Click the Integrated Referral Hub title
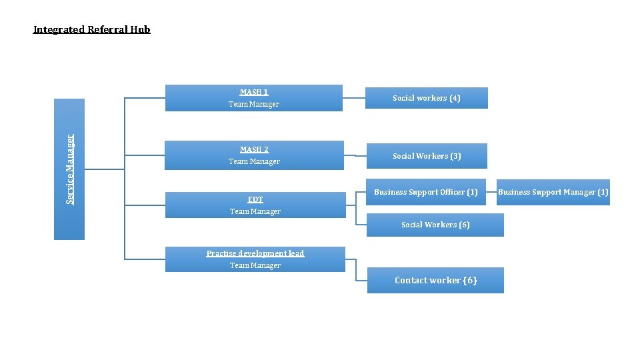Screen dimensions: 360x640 pos(92,29)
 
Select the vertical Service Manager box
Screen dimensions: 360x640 pos(69,169)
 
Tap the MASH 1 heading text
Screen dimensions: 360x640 pos(254,92)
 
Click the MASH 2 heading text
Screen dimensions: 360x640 pos(254,149)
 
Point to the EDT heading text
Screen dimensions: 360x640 pos(255,199)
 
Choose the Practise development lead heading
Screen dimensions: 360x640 pos(255,253)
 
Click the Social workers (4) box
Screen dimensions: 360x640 pos(427,98)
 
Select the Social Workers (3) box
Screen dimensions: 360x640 pos(427,156)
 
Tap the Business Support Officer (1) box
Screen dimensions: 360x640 pos(426,192)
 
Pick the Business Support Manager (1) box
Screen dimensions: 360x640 pos(553,192)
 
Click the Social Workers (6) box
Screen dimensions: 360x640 pos(435,225)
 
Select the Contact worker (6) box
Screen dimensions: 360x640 pos(435,280)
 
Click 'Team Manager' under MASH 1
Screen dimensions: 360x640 pos(254,104)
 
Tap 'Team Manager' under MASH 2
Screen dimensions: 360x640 pos(254,161)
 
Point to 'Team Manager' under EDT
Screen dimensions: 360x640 pos(255,211)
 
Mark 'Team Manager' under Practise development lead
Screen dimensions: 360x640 pos(255,265)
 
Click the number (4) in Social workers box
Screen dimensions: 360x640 pos(455,98)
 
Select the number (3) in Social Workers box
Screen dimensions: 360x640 pos(455,156)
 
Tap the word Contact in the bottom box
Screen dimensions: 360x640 pos(410,280)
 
